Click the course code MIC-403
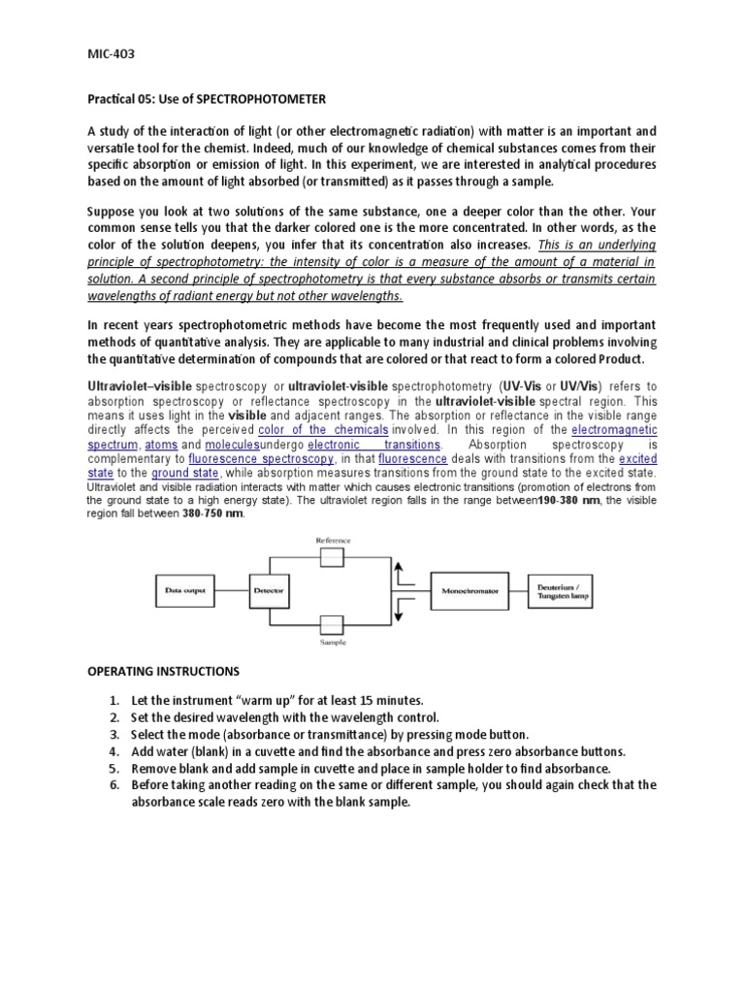pyautogui.click(x=113, y=55)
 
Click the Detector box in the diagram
pyautogui.click(x=268, y=589)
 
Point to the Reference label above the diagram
pyautogui.click(x=332, y=540)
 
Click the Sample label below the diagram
pyautogui.click(x=332, y=642)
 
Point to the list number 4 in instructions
pyautogui.click(x=113, y=751)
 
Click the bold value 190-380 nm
pyautogui.click(x=581, y=500)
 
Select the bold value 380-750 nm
pyautogui.click(x=213, y=514)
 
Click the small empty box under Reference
pyautogui.click(x=332, y=556)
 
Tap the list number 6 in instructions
pyautogui.click(x=113, y=784)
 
